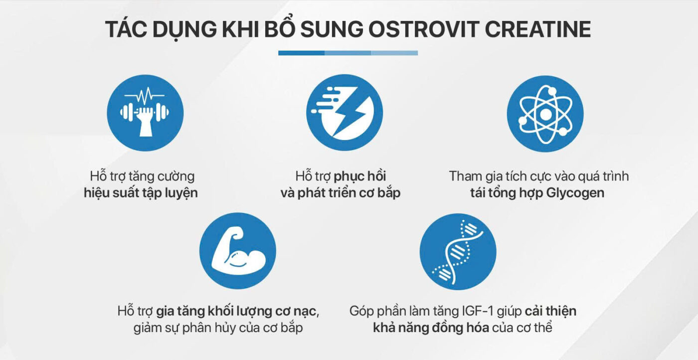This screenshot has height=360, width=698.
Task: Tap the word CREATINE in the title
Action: [x=538, y=29]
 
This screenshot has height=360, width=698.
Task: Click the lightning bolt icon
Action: [x=345, y=113]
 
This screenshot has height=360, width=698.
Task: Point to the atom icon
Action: [x=545, y=114]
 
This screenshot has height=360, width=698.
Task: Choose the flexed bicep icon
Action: [x=238, y=251]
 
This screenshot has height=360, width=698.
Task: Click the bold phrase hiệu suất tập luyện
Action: [x=141, y=193]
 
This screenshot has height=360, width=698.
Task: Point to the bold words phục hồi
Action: [x=360, y=176]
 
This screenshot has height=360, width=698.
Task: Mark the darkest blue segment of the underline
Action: [x=301, y=53]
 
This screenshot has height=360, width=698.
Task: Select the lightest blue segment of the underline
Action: [x=394, y=53]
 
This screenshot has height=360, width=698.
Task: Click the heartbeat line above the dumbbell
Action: [x=145, y=94]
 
